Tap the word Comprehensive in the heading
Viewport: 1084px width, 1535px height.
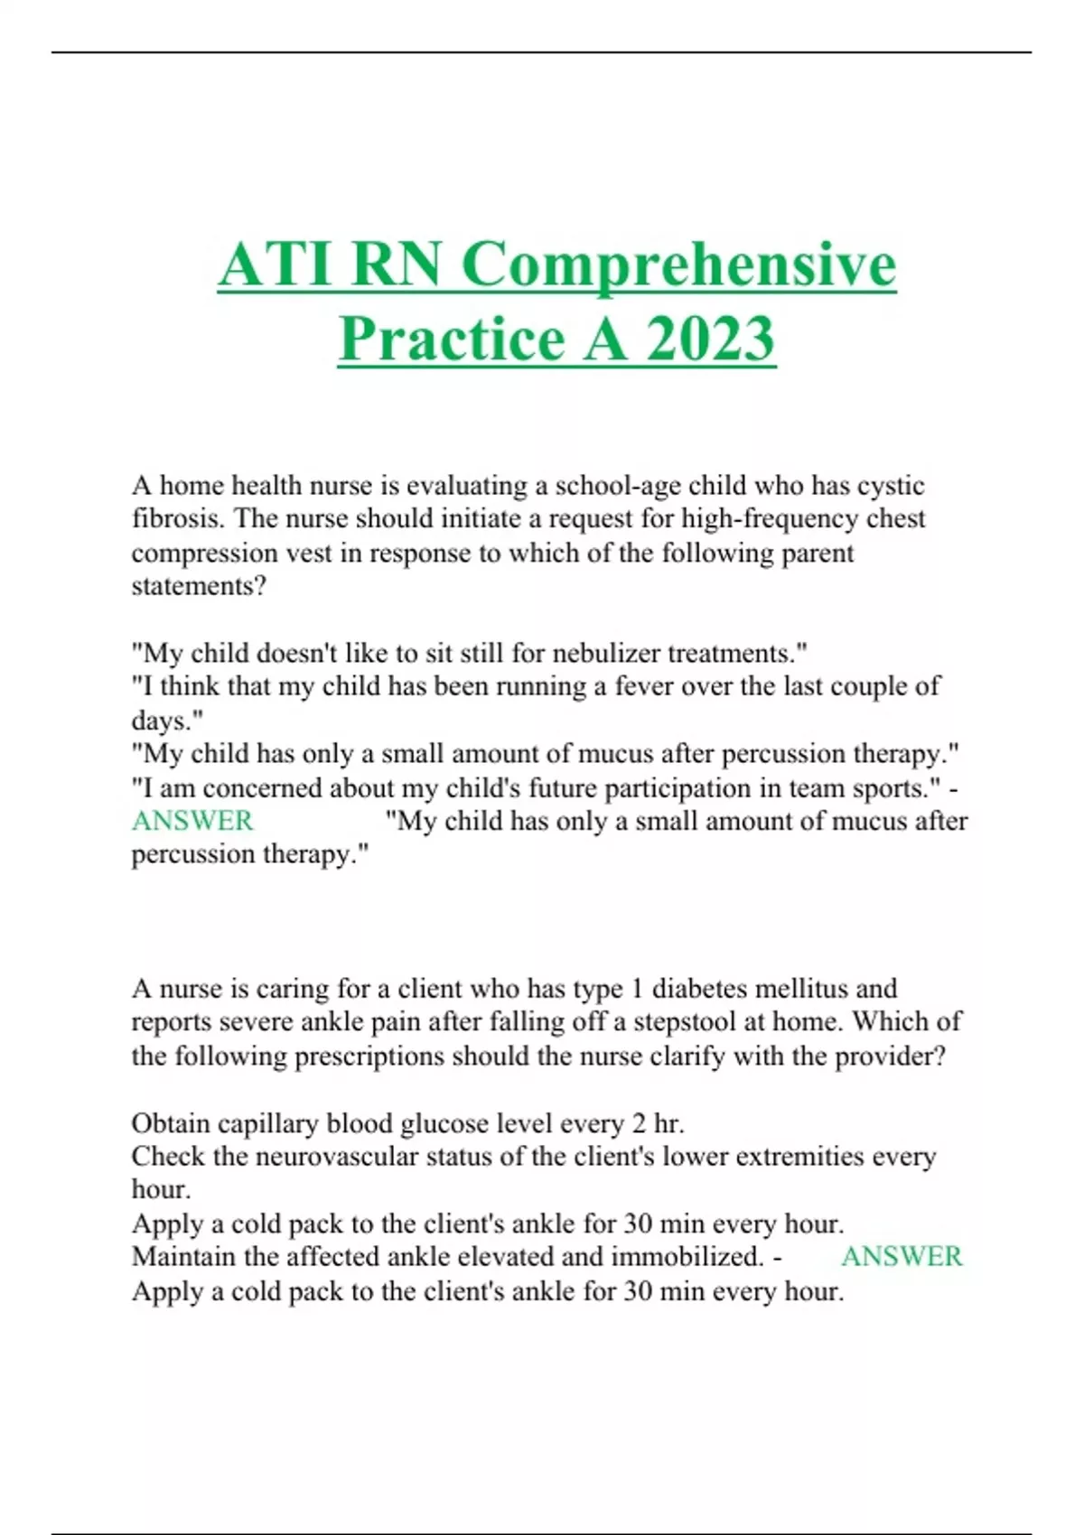click(678, 265)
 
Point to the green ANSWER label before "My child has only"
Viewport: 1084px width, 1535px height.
click(192, 821)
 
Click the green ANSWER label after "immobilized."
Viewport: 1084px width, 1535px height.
click(902, 1256)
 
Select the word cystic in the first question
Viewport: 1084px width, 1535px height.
click(891, 486)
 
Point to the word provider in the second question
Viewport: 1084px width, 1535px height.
click(887, 1056)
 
